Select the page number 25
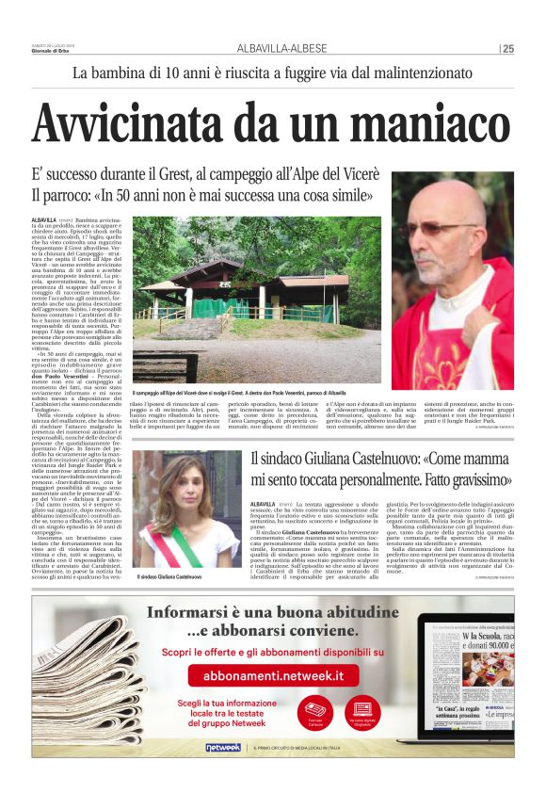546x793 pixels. tap(509, 49)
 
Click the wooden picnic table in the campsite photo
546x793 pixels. tap(166, 363)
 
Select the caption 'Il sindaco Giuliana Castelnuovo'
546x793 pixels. tap(169, 576)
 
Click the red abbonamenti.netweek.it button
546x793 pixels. tap(274, 675)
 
